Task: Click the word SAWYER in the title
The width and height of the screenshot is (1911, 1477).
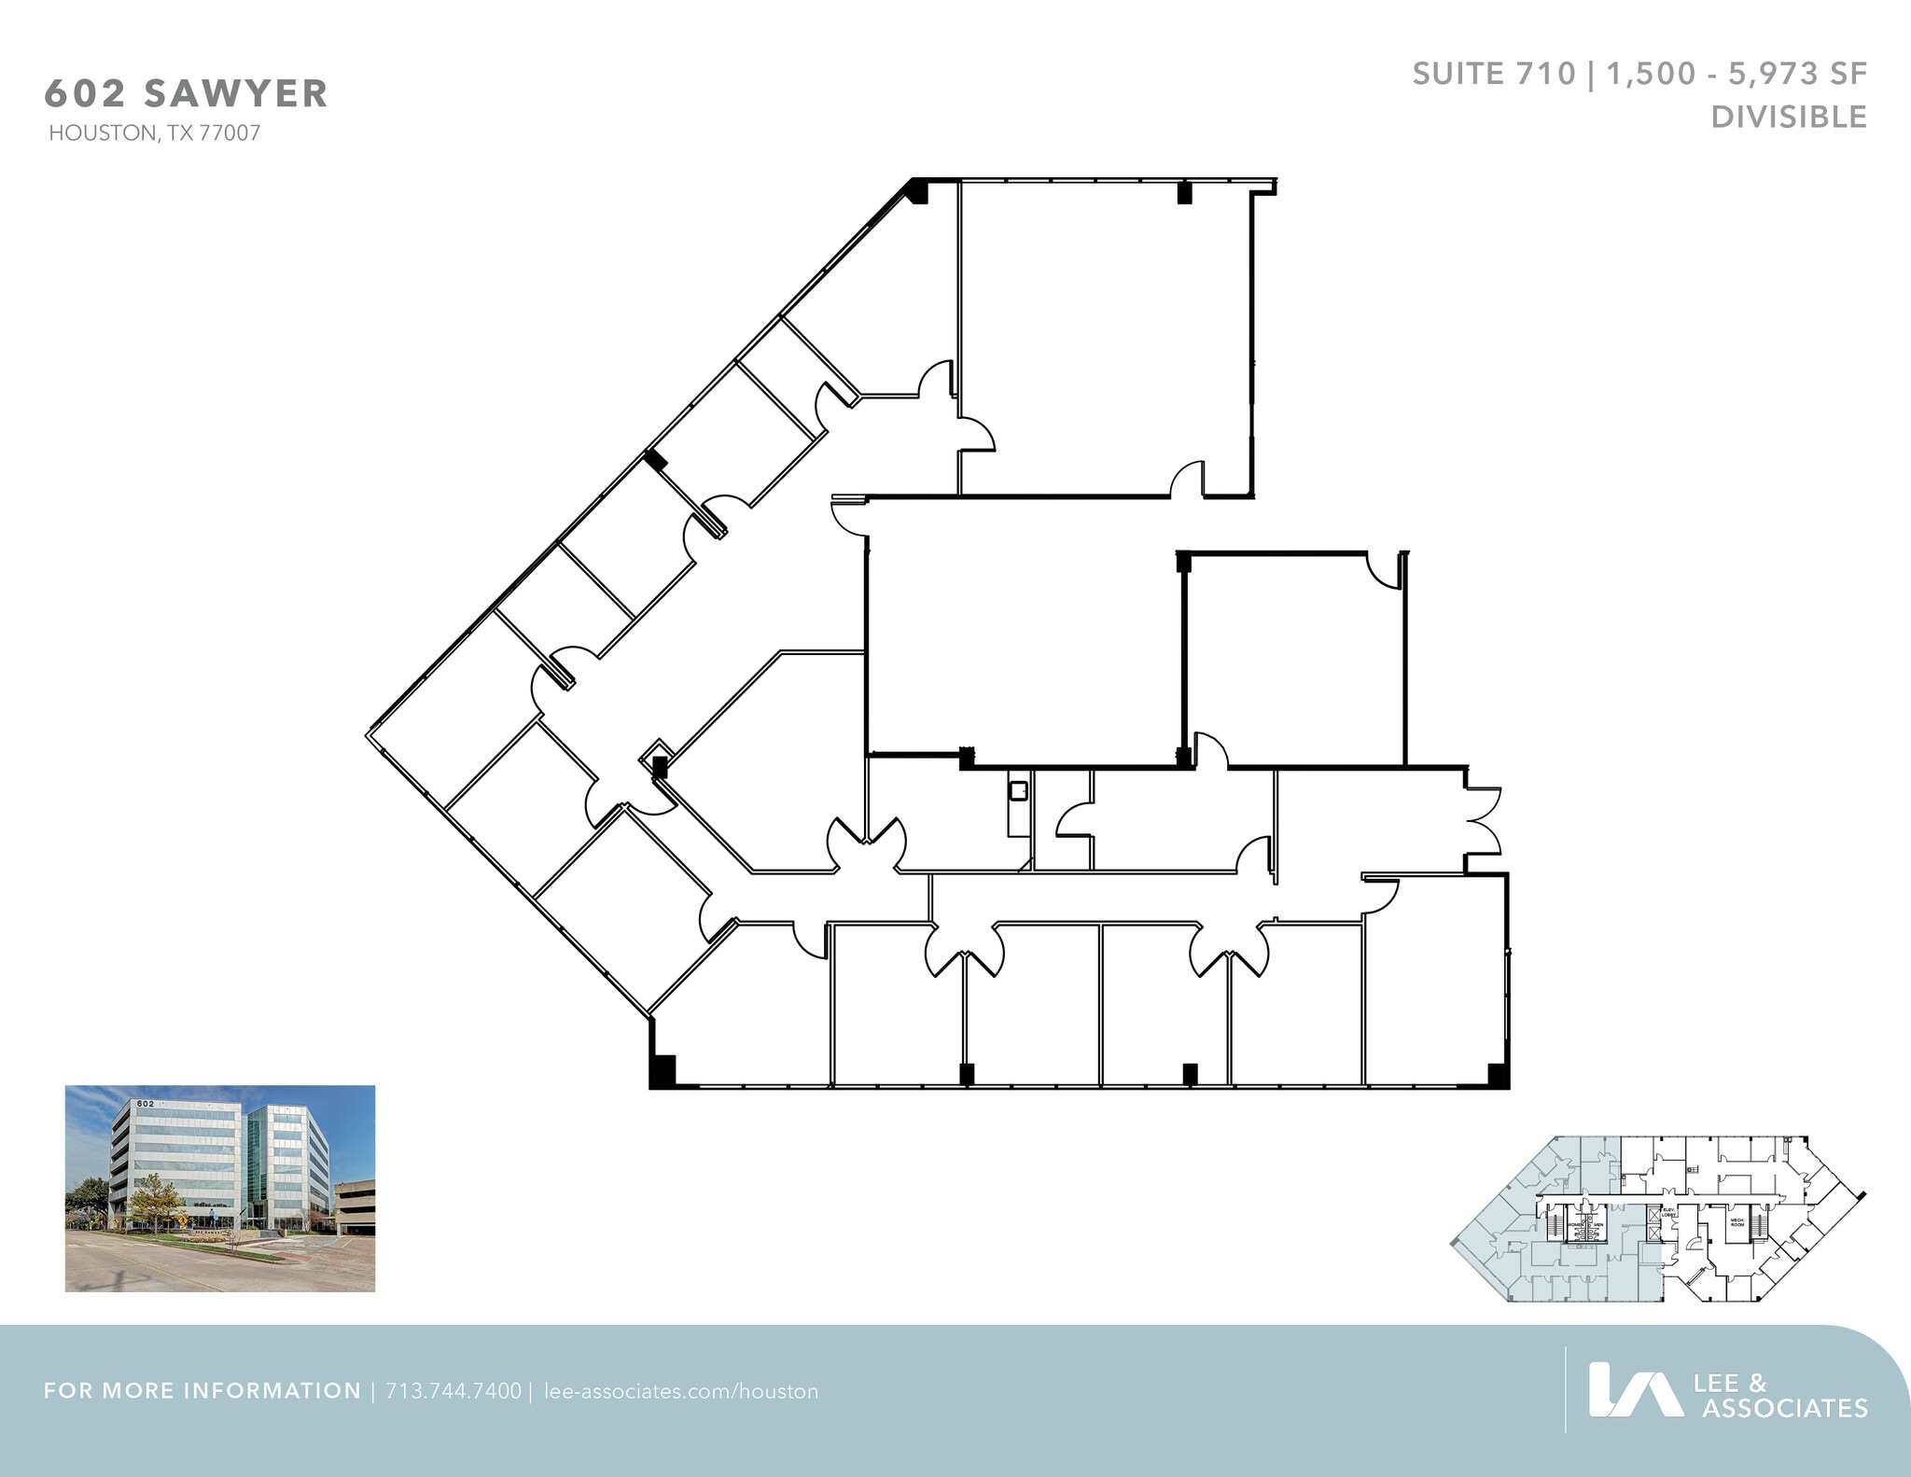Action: [x=236, y=94]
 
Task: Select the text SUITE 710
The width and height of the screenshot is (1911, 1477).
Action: [x=1493, y=74]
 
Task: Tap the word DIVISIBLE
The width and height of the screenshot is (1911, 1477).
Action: [x=1788, y=118]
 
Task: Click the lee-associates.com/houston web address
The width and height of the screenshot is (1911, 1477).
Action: [x=680, y=1391]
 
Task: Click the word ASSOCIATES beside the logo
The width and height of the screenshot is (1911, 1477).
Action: [x=1784, y=1408]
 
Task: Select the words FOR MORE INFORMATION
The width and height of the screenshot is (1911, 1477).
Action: [x=202, y=1391]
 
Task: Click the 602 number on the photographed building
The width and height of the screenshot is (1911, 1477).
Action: [x=145, y=1104]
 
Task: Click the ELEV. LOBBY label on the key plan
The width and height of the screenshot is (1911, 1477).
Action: [x=1669, y=1213]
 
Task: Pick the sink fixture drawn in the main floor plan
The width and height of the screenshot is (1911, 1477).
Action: [x=1017, y=791]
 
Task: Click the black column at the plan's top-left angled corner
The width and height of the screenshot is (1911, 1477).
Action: [x=918, y=192]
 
